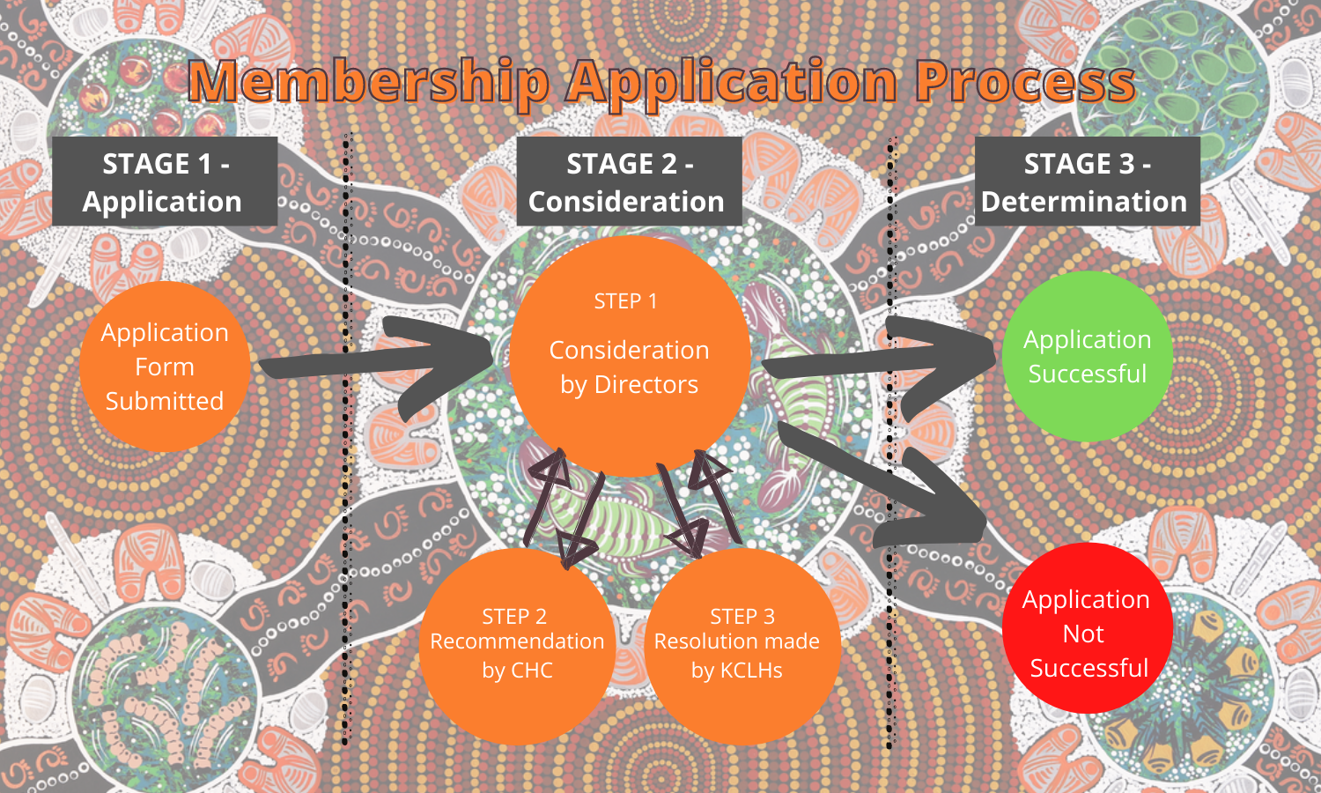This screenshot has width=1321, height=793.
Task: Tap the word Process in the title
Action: coord(1024,83)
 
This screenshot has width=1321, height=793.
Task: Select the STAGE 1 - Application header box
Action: coord(165,182)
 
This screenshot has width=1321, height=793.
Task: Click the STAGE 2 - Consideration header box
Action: coord(628,182)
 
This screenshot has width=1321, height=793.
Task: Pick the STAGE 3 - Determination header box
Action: coord(1086,182)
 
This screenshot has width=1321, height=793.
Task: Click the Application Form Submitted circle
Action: coord(165,367)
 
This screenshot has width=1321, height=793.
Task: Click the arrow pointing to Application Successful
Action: coord(872,357)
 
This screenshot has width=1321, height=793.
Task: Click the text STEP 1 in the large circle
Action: coord(625,301)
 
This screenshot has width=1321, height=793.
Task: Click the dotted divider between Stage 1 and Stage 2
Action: coord(346,441)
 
